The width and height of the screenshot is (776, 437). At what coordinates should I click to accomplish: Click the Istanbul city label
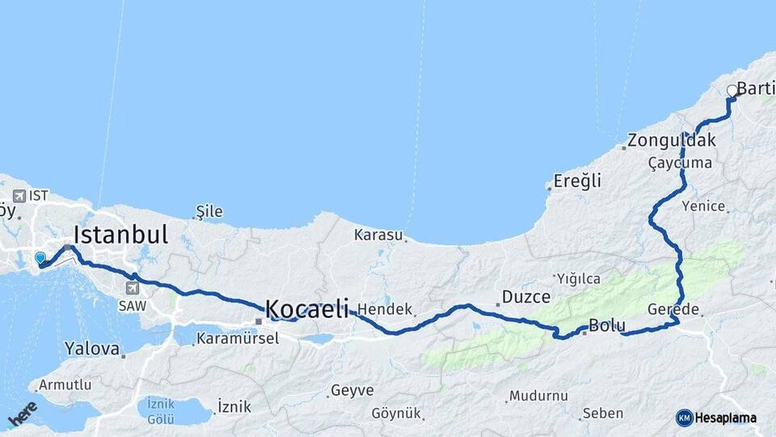120,235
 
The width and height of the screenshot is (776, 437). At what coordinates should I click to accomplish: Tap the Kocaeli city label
307,308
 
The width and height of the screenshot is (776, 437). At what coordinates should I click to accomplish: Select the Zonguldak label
672,140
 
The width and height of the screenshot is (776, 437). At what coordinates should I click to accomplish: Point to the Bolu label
606,326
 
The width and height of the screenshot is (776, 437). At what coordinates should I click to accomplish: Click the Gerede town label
673,310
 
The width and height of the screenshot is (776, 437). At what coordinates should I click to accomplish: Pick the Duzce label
526,297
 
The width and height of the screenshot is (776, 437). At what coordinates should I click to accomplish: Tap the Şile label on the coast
209,212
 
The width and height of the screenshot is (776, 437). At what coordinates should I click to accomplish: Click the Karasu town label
377,235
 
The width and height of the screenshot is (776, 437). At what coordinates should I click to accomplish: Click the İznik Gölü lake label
161,410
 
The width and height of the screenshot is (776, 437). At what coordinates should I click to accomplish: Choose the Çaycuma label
680,163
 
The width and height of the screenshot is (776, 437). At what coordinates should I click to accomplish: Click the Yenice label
702,206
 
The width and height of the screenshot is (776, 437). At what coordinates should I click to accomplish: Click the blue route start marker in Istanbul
40,258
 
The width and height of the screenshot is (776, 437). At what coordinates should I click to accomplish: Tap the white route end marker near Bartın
732,91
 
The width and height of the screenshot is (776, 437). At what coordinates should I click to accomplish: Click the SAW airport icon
132,287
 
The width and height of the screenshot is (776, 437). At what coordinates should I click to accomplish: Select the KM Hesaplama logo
716,418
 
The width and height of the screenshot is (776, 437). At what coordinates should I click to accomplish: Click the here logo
23,414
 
